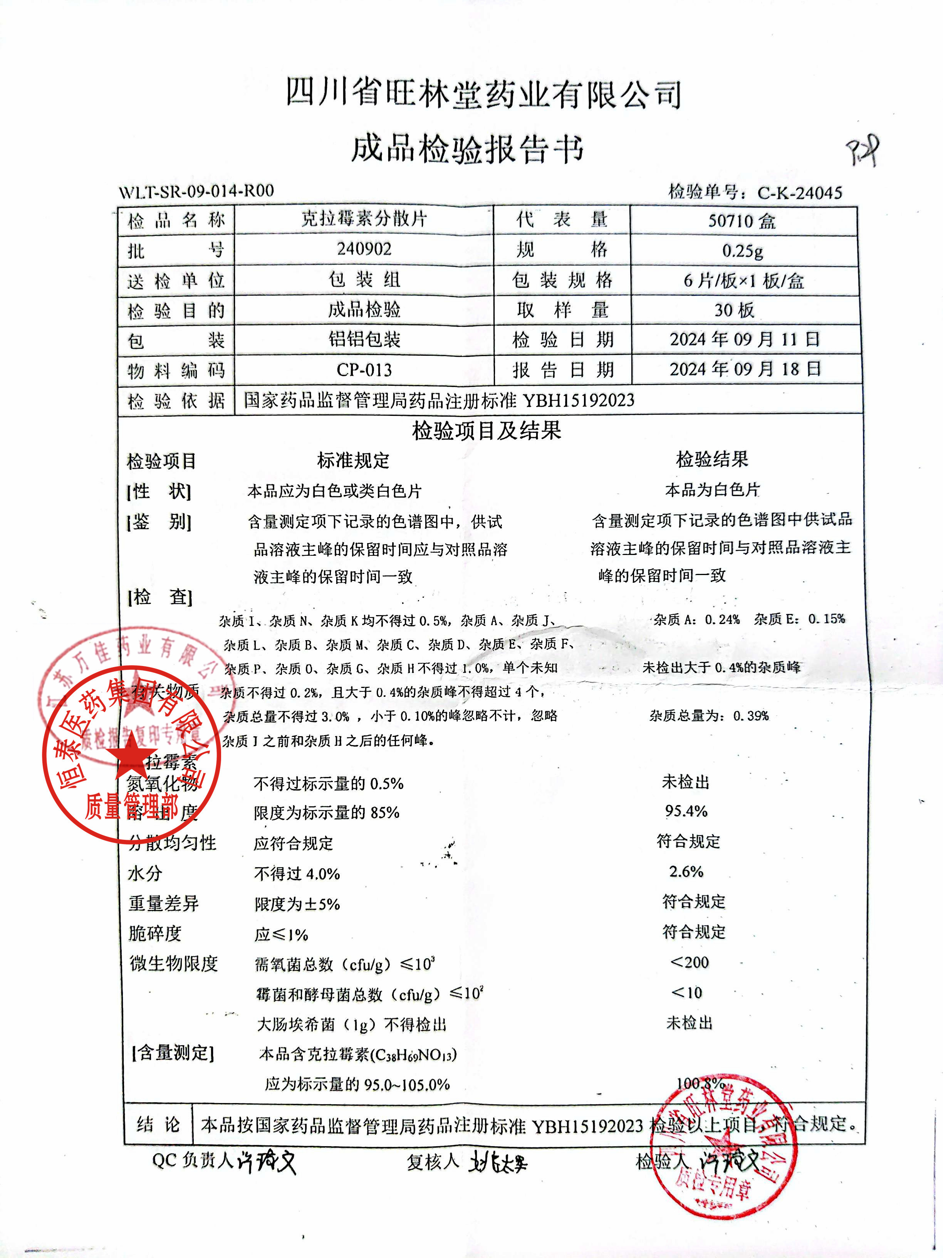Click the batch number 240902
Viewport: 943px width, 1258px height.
click(364, 249)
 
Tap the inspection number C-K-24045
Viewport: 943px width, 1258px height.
click(799, 193)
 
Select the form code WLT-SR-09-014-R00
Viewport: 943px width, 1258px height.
click(196, 191)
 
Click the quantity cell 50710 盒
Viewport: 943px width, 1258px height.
click(742, 221)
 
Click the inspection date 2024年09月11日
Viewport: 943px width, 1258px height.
click(745, 340)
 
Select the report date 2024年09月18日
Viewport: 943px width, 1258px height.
click(745, 369)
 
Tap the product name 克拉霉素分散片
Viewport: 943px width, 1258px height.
click(364, 219)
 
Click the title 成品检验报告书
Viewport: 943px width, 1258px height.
click(467, 149)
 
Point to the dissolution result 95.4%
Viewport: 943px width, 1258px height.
click(686, 811)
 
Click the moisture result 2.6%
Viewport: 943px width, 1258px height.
click(686, 871)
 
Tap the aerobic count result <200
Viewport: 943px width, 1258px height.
click(690, 962)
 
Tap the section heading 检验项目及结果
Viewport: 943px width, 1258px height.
click(487, 431)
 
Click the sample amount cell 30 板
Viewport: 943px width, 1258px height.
click(734, 310)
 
